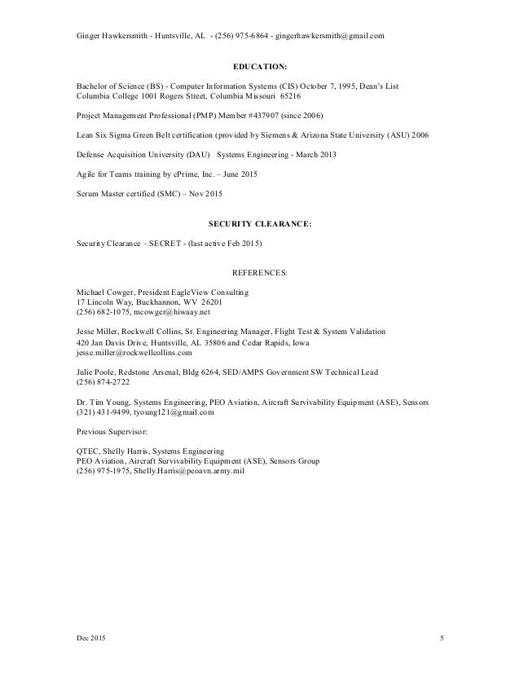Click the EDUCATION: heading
click(x=260, y=69)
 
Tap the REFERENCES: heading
click(x=260, y=273)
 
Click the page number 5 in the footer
click(x=440, y=636)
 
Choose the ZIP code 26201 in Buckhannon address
click(x=203, y=301)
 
